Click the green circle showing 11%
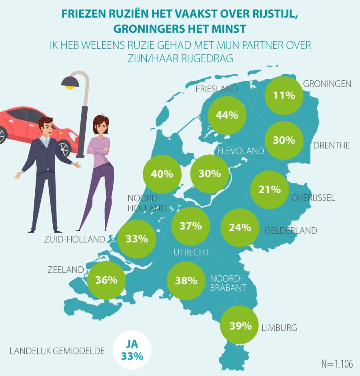point(284,96)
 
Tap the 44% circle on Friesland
point(227,115)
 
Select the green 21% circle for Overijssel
point(270,190)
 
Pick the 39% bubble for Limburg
point(240,326)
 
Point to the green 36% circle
point(106,280)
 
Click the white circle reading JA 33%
point(132,351)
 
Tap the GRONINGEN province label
point(327,84)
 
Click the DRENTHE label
point(331,146)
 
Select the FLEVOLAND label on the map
point(240,151)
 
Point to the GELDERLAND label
point(291,230)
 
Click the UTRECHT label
point(192,252)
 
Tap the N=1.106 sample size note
point(337,364)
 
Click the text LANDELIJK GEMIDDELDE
point(57,351)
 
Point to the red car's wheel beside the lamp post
point(63,148)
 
